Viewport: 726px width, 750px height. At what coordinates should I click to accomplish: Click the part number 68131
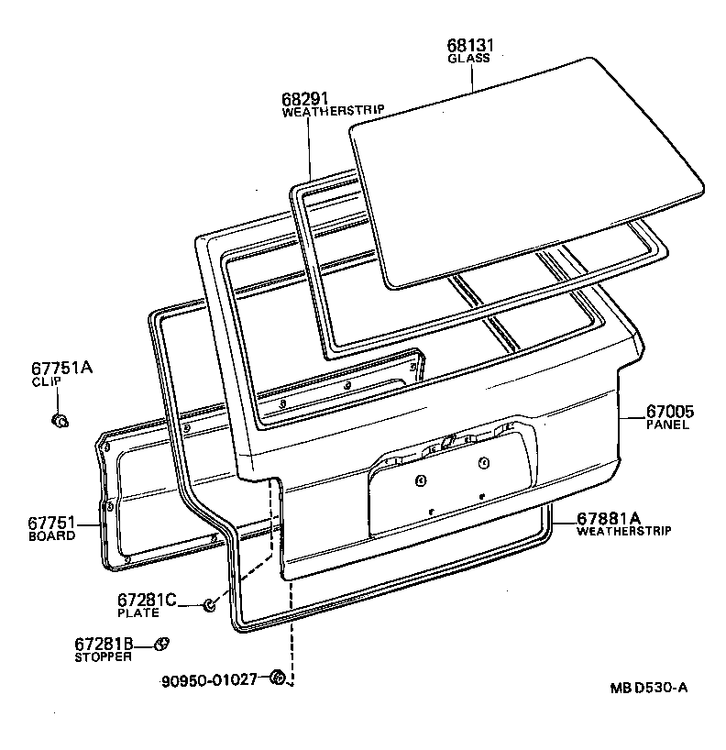pyautogui.click(x=469, y=45)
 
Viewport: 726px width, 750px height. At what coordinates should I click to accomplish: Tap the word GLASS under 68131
pyautogui.click(x=468, y=58)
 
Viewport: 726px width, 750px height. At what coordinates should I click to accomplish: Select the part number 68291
pyautogui.click(x=305, y=97)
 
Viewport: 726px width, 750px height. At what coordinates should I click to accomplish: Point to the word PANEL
pyautogui.click(x=667, y=425)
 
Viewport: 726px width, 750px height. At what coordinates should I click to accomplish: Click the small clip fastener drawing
pyautogui.click(x=60, y=420)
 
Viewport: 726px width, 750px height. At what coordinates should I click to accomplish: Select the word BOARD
pyautogui.click(x=51, y=535)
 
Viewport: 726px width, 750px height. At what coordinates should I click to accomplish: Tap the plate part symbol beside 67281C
pyautogui.click(x=209, y=604)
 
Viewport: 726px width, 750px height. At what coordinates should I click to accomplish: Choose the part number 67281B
pyautogui.click(x=104, y=644)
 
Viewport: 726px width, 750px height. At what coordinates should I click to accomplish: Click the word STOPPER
pyautogui.click(x=103, y=656)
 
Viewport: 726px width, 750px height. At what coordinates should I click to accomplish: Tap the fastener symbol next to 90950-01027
pyautogui.click(x=277, y=678)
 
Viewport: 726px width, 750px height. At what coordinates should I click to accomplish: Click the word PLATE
pyautogui.click(x=137, y=612)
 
